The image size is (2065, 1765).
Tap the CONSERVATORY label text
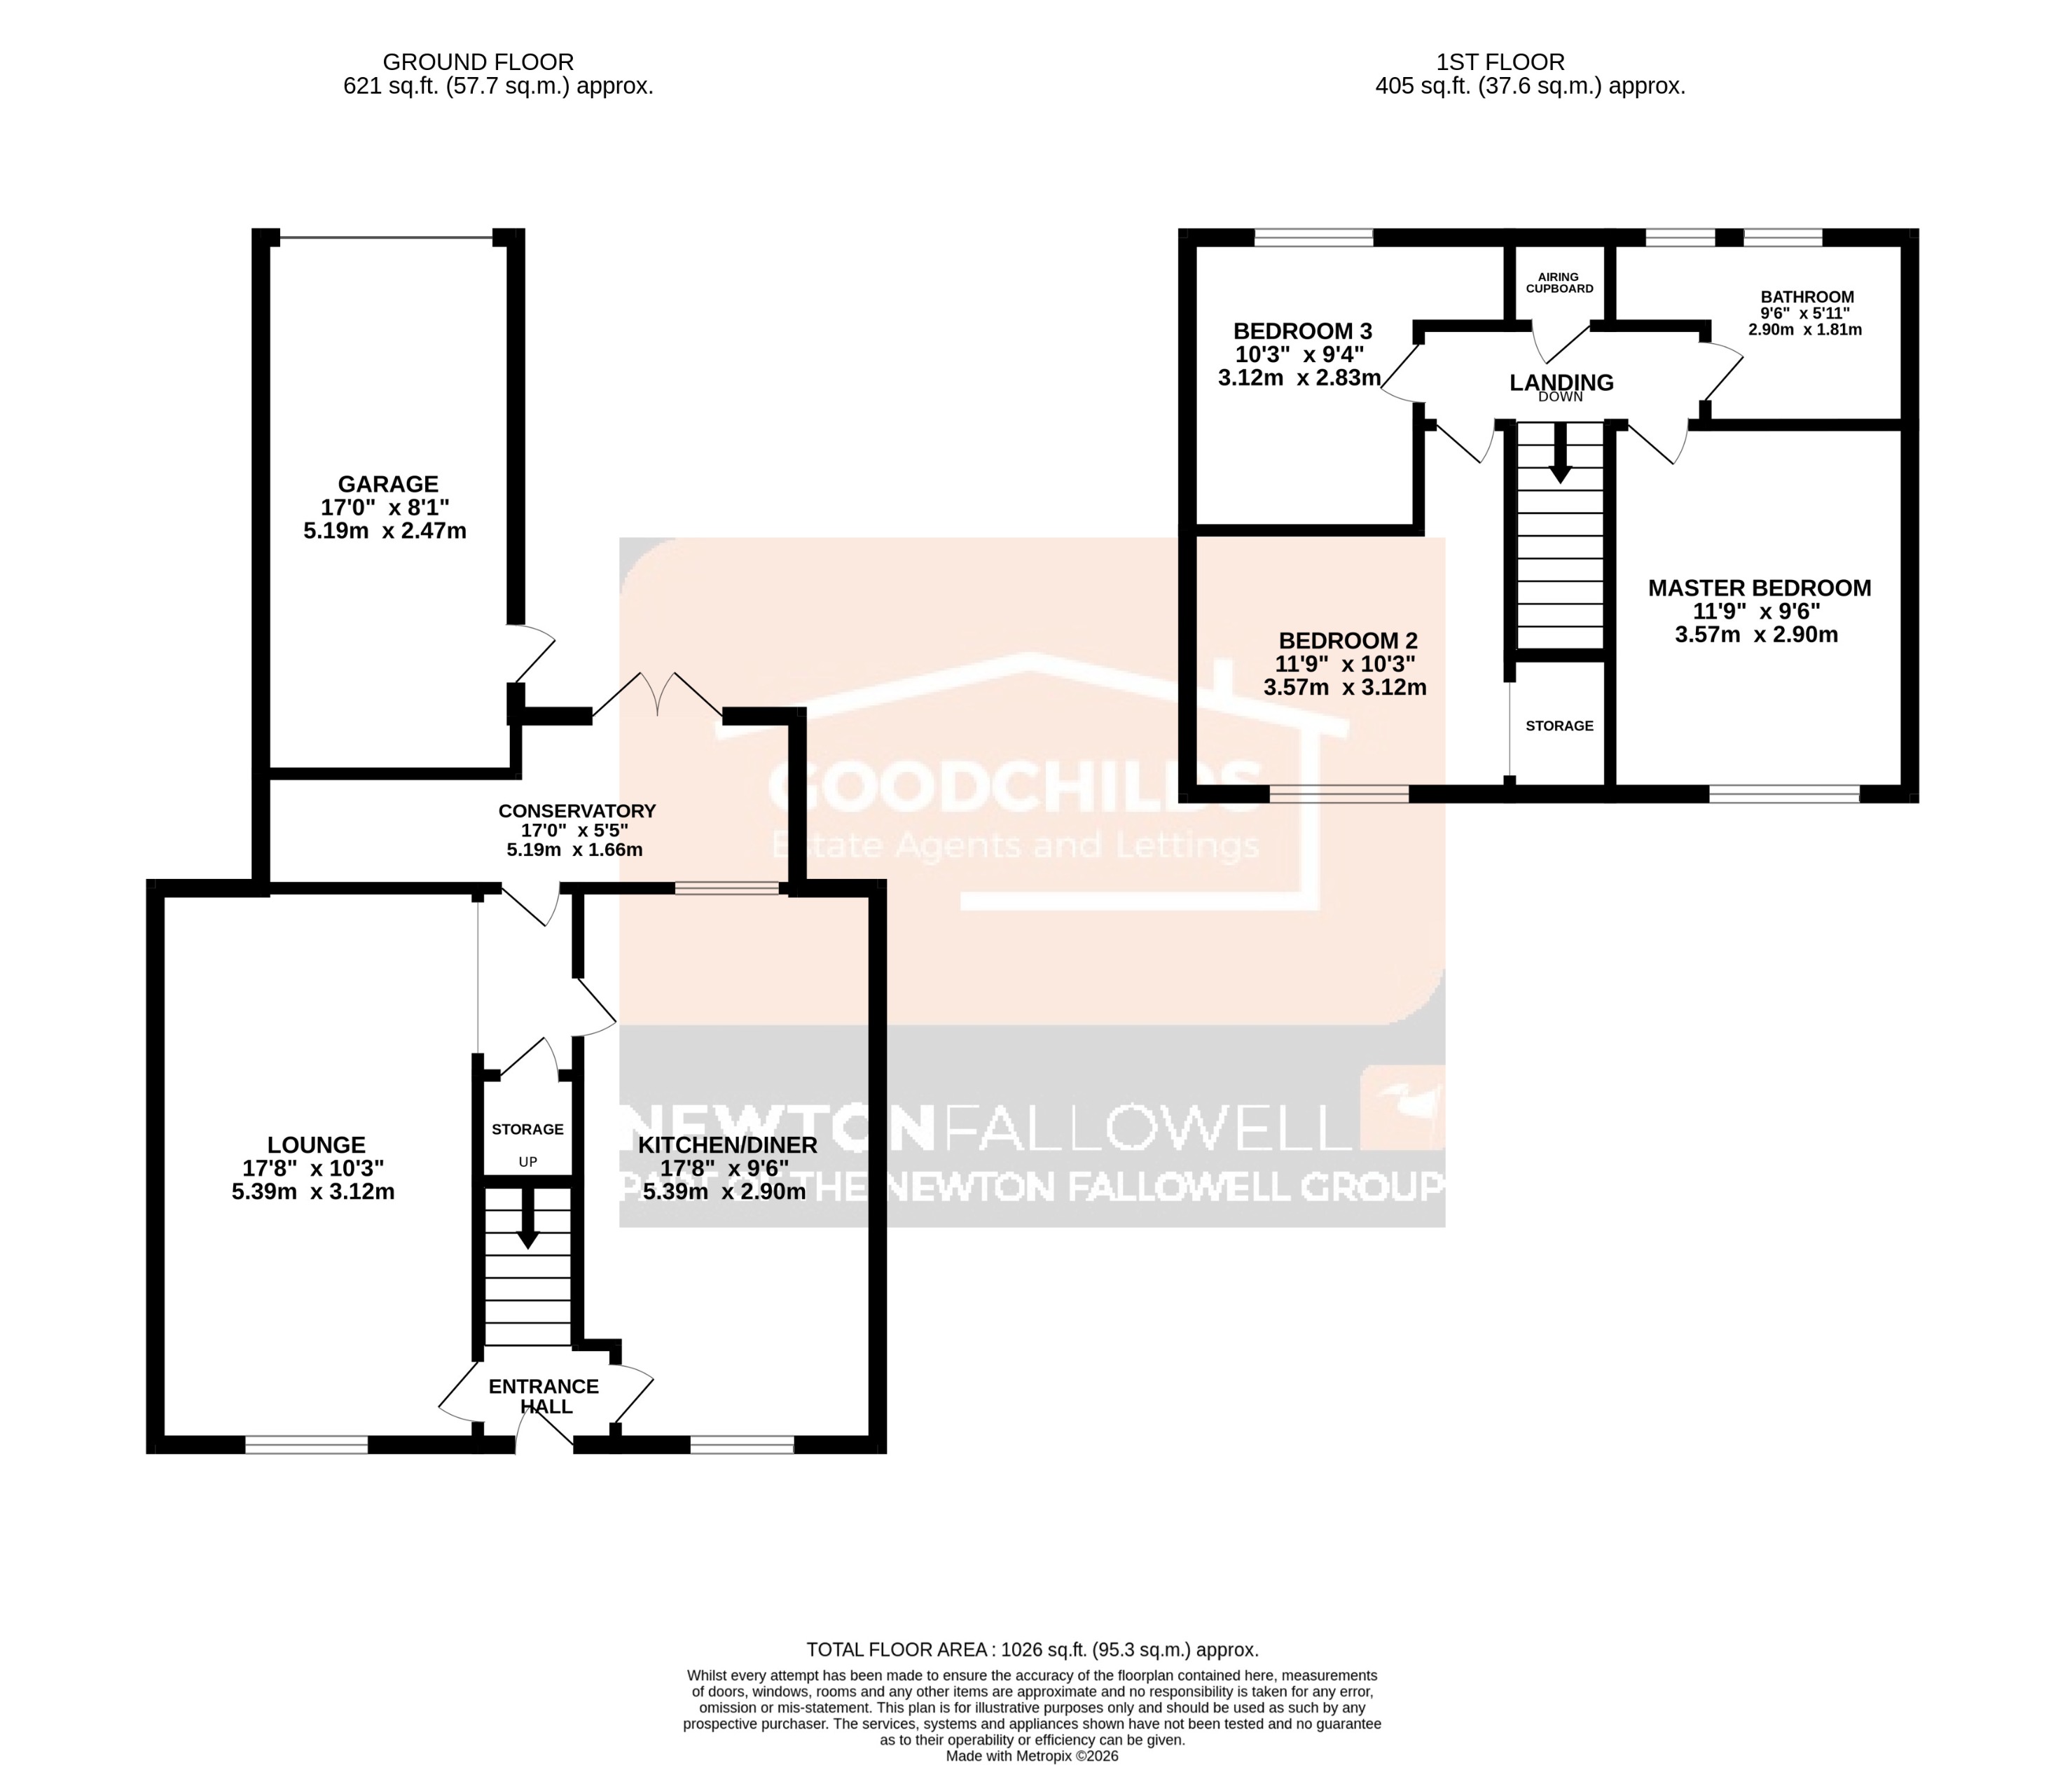(577, 811)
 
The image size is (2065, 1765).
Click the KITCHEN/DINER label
(728, 1145)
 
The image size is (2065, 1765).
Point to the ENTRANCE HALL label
(544, 1397)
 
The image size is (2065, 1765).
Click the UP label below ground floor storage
(527, 1162)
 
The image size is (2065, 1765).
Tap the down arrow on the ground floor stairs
(527, 1218)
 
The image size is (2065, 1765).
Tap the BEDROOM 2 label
(1348, 641)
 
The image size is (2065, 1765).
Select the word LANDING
(1561, 382)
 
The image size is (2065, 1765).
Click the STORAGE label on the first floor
(1560, 726)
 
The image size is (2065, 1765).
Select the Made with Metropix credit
(1032, 1756)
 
